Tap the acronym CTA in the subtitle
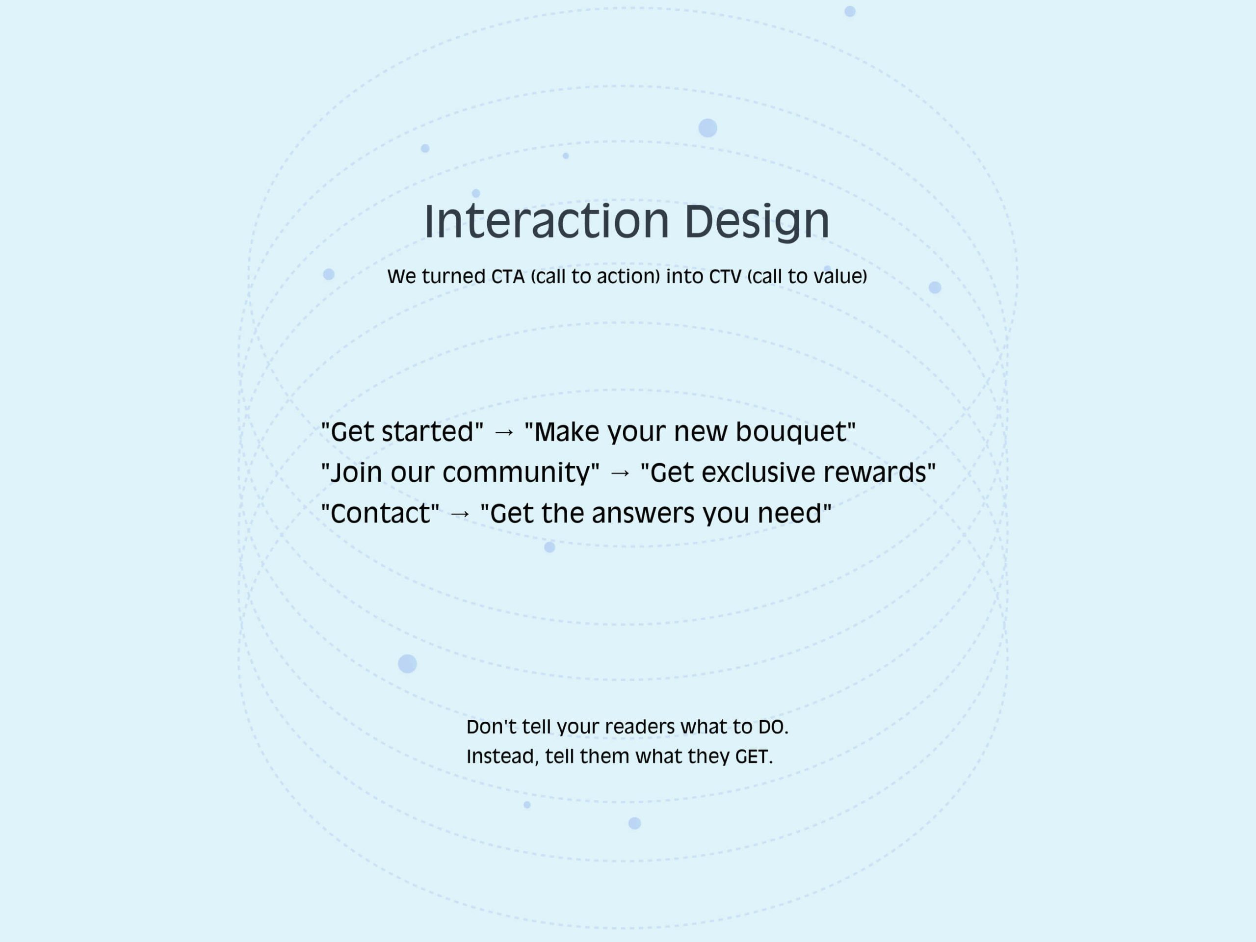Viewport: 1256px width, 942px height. click(x=508, y=277)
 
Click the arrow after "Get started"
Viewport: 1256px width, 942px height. click(x=504, y=433)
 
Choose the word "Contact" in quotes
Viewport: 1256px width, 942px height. click(x=380, y=513)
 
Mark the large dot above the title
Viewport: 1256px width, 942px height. click(x=707, y=129)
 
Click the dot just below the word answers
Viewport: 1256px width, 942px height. click(x=549, y=548)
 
